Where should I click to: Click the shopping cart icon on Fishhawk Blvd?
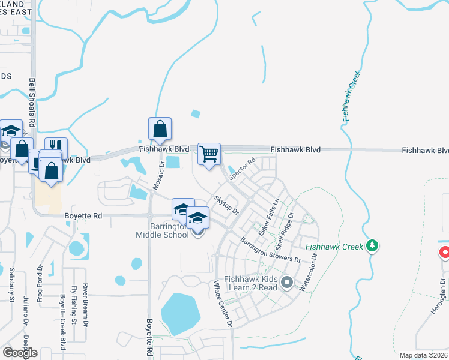point(209,154)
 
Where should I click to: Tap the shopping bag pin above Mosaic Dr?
point(160,128)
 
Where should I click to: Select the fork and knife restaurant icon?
point(56,147)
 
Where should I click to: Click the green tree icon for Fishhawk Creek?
point(373,245)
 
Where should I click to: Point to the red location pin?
point(445,252)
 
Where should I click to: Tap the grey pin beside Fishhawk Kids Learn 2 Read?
point(287,281)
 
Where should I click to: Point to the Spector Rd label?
point(243,169)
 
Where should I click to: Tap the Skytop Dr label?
point(227,205)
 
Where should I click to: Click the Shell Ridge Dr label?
point(284,230)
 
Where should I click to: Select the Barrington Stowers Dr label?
point(271,250)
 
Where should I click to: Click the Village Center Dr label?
point(222,303)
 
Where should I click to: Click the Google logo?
point(20,352)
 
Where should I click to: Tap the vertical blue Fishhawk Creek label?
point(353,97)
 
